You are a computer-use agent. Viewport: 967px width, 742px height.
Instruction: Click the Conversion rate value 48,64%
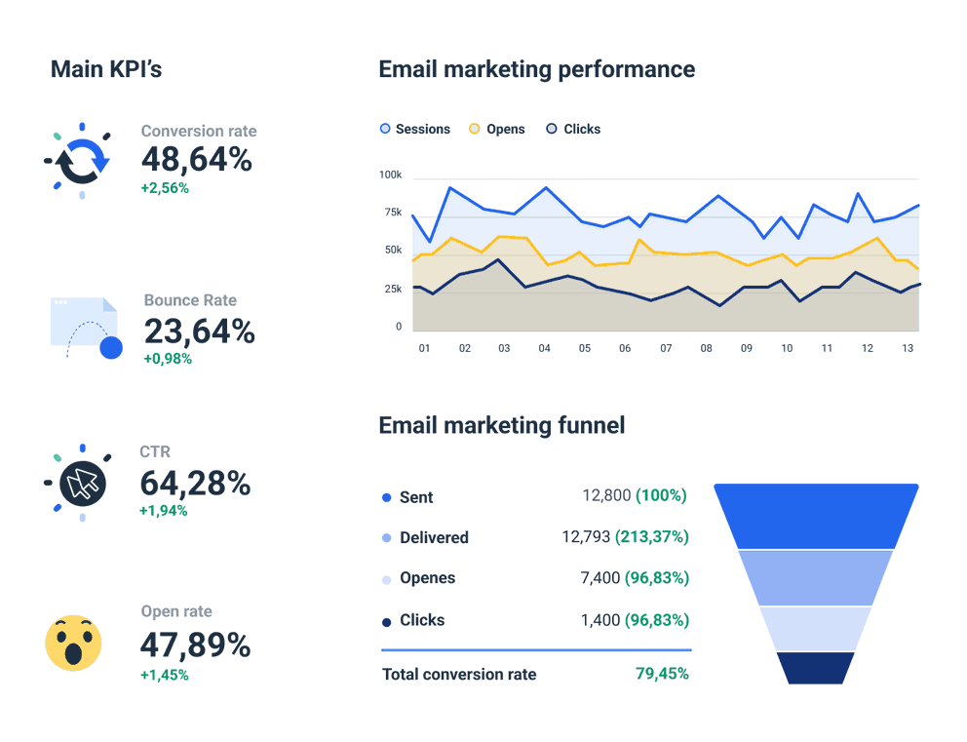point(197,158)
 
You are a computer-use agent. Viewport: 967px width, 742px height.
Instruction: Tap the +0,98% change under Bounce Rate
point(168,359)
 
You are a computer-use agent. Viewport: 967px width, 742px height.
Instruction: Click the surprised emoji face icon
point(73,643)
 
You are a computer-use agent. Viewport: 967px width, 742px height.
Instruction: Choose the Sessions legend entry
point(414,129)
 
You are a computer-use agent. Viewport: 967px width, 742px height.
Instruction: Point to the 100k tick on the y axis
point(390,175)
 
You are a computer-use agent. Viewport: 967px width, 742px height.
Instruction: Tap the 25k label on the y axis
point(392,289)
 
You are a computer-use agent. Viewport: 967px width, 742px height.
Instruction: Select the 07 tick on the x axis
point(666,348)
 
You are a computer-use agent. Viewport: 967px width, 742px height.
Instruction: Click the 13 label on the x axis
point(909,348)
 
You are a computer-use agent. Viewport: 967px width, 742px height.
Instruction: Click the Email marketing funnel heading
point(501,425)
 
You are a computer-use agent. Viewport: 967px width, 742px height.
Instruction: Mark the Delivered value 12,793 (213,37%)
point(625,537)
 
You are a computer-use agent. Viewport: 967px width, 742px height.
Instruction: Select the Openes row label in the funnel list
point(427,578)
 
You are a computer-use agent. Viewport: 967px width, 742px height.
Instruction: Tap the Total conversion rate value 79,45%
point(662,674)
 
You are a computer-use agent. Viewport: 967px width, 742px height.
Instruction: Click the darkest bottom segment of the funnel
point(815,668)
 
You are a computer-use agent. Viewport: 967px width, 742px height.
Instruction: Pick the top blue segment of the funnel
point(816,515)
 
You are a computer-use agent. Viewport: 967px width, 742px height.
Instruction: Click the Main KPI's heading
point(105,69)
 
